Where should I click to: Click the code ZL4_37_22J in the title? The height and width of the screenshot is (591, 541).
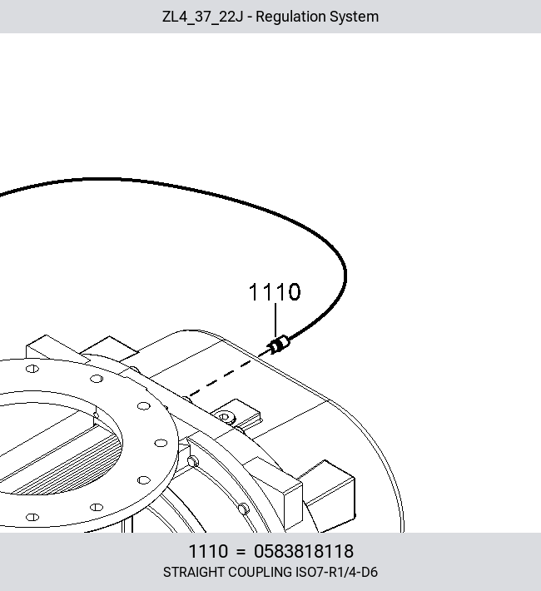(x=202, y=17)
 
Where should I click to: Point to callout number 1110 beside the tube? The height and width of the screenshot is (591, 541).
(x=275, y=292)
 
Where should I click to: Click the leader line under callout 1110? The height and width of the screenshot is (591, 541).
(x=275, y=320)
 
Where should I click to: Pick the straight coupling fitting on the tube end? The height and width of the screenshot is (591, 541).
(x=279, y=345)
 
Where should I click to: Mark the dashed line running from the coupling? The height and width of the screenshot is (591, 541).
(x=221, y=378)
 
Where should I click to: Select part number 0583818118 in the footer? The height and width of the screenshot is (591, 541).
(x=304, y=551)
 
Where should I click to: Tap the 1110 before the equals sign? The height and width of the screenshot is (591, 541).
(x=208, y=551)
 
